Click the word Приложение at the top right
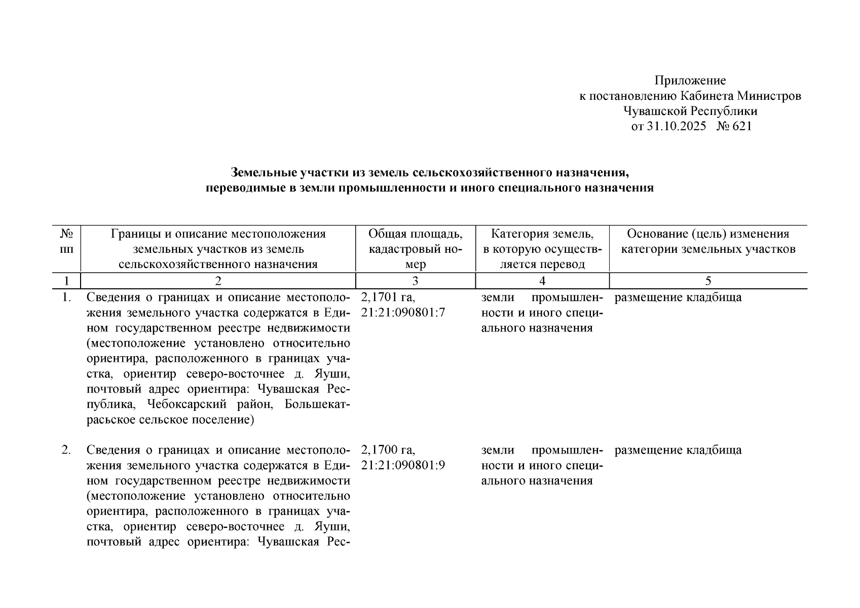[x=690, y=81]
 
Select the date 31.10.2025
[x=676, y=126]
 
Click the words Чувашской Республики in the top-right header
[x=690, y=111]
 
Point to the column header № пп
[x=67, y=242]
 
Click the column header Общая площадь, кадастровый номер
[x=415, y=249]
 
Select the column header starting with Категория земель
[x=542, y=249]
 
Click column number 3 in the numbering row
[x=415, y=281]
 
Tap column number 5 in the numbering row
[x=708, y=281]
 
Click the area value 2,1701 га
[x=388, y=297]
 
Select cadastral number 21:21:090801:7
[x=403, y=313]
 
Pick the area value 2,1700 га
[x=388, y=450]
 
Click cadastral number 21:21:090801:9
[x=403, y=466]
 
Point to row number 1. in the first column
[x=66, y=297]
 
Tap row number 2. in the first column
[x=66, y=450]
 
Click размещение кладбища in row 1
[x=678, y=297]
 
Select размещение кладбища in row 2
[x=678, y=450]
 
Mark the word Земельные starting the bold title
[x=263, y=173]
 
